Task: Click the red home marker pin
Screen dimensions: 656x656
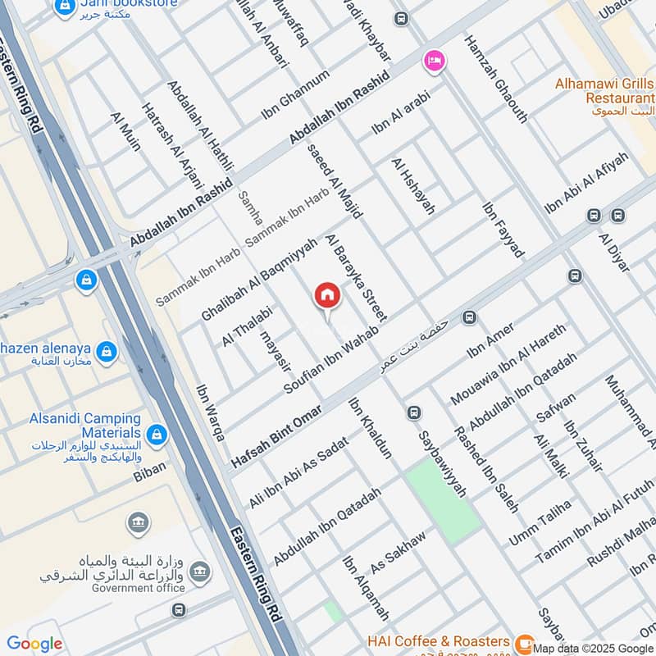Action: point(326,297)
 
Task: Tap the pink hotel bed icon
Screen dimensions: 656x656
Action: point(434,61)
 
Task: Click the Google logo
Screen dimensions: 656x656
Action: point(34,644)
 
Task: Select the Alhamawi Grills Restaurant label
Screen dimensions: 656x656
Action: point(604,89)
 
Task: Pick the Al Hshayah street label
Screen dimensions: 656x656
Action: point(413,187)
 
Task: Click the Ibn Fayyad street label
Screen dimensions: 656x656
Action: point(503,230)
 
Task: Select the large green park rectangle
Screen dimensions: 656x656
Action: point(443,499)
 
